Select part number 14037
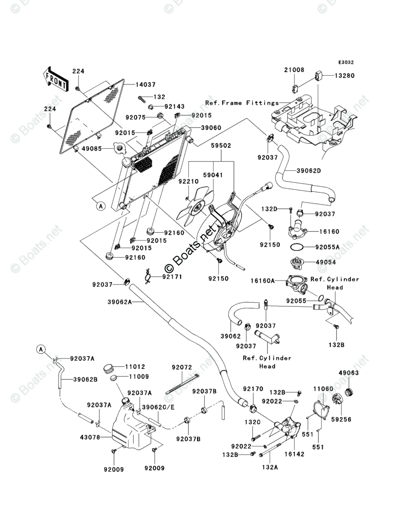pos(145,84)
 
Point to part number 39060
pos(211,128)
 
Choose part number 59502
pos(221,145)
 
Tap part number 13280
pos(345,75)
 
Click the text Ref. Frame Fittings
pos(242,103)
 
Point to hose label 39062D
pos(308,171)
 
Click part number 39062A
pos(119,302)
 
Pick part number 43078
pos(90,437)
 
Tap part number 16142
pos(294,454)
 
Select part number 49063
pos(348,373)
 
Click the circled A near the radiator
pos(101,206)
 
